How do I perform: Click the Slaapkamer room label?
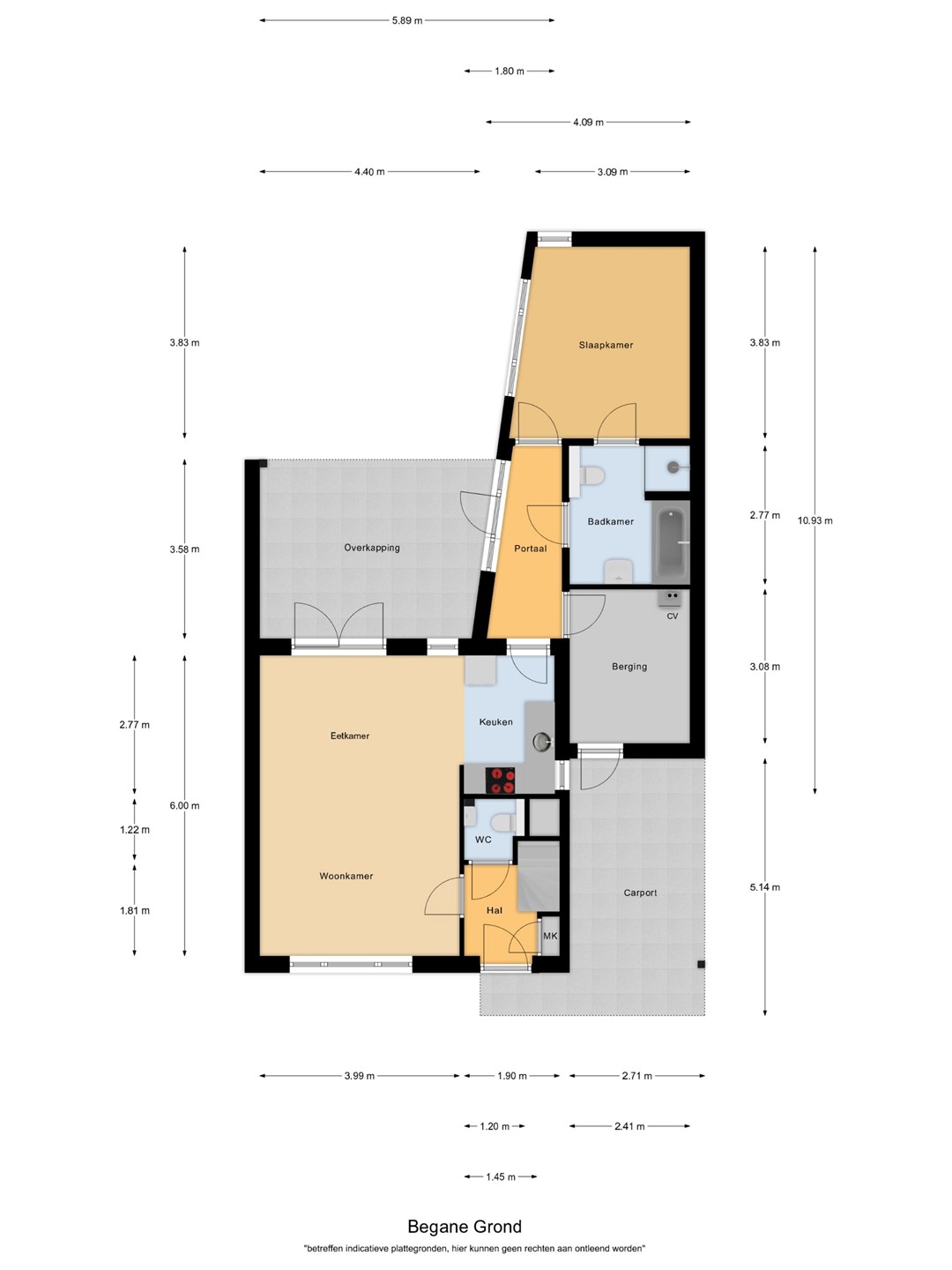pyautogui.click(x=606, y=345)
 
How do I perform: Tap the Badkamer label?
pyautogui.click(x=610, y=521)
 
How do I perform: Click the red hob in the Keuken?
pyautogui.click(x=500, y=780)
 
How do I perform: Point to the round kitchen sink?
pyautogui.click(x=541, y=739)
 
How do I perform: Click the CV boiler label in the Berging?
pyautogui.click(x=673, y=616)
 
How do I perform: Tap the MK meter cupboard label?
pyautogui.click(x=550, y=936)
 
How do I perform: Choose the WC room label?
pyautogui.click(x=483, y=839)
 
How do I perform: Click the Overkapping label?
pyautogui.click(x=372, y=548)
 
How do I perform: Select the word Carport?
pyautogui.click(x=640, y=893)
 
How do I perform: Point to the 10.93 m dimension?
pyautogui.click(x=815, y=520)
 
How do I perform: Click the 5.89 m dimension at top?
pyautogui.click(x=407, y=20)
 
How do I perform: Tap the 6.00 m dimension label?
pyautogui.click(x=184, y=805)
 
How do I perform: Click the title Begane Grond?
pyautogui.click(x=465, y=1226)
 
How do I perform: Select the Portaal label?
pyautogui.click(x=530, y=549)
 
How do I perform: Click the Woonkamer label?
pyautogui.click(x=346, y=876)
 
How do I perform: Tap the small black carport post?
pyautogui.click(x=701, y=964)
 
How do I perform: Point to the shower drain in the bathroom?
pyautogui.click(x=673, y=467)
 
